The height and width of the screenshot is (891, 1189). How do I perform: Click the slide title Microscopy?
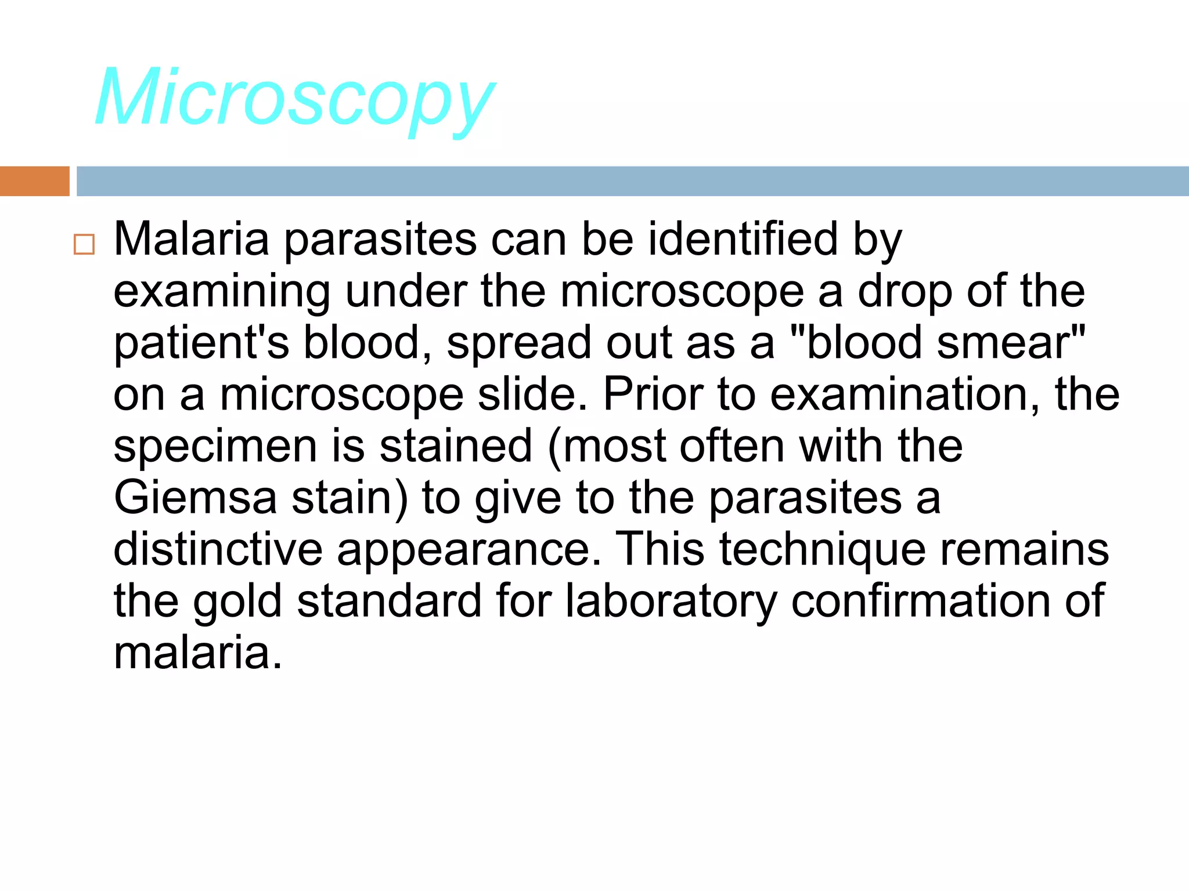(x=295, y=99)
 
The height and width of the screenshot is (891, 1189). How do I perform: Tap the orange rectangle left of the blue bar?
(x=34, y=181)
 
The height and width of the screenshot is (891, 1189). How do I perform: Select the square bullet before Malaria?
(x=84, y=244)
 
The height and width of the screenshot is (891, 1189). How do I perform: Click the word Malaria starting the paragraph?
(x=192, y=239)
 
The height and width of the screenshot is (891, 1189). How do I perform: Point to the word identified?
(x=743, y=239)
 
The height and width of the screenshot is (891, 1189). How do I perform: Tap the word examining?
(x=222, y=292)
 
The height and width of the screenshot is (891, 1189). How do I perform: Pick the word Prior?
(x=653, y=394)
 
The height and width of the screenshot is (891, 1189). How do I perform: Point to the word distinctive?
(x=218, y=549)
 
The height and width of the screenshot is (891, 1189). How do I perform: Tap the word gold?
(x=237, y=602)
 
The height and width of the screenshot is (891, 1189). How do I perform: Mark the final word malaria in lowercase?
(x=197, y=653)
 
